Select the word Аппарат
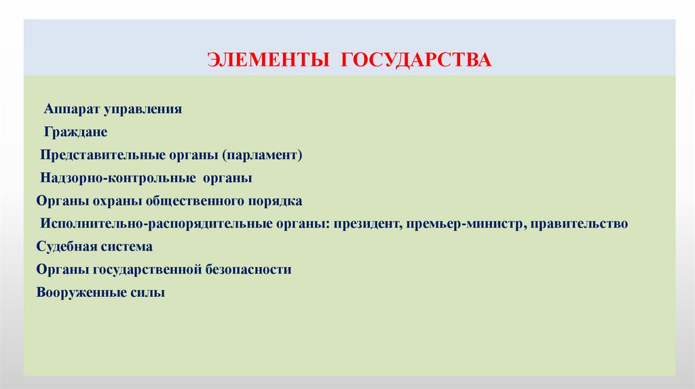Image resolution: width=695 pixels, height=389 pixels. (x=71, y=108)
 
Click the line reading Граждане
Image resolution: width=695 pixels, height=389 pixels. (x=75, y=131)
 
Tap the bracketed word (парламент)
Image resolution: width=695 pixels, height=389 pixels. (x=261, y=155)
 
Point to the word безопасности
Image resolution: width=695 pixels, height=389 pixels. (x=247, y=270)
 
